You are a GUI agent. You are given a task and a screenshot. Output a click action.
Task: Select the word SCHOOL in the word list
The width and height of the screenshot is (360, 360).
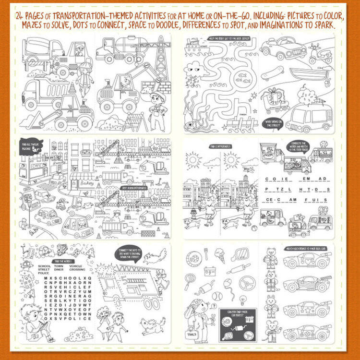pos(44,265)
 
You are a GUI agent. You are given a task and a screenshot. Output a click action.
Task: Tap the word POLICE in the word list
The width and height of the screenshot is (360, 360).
pos(44,273)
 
